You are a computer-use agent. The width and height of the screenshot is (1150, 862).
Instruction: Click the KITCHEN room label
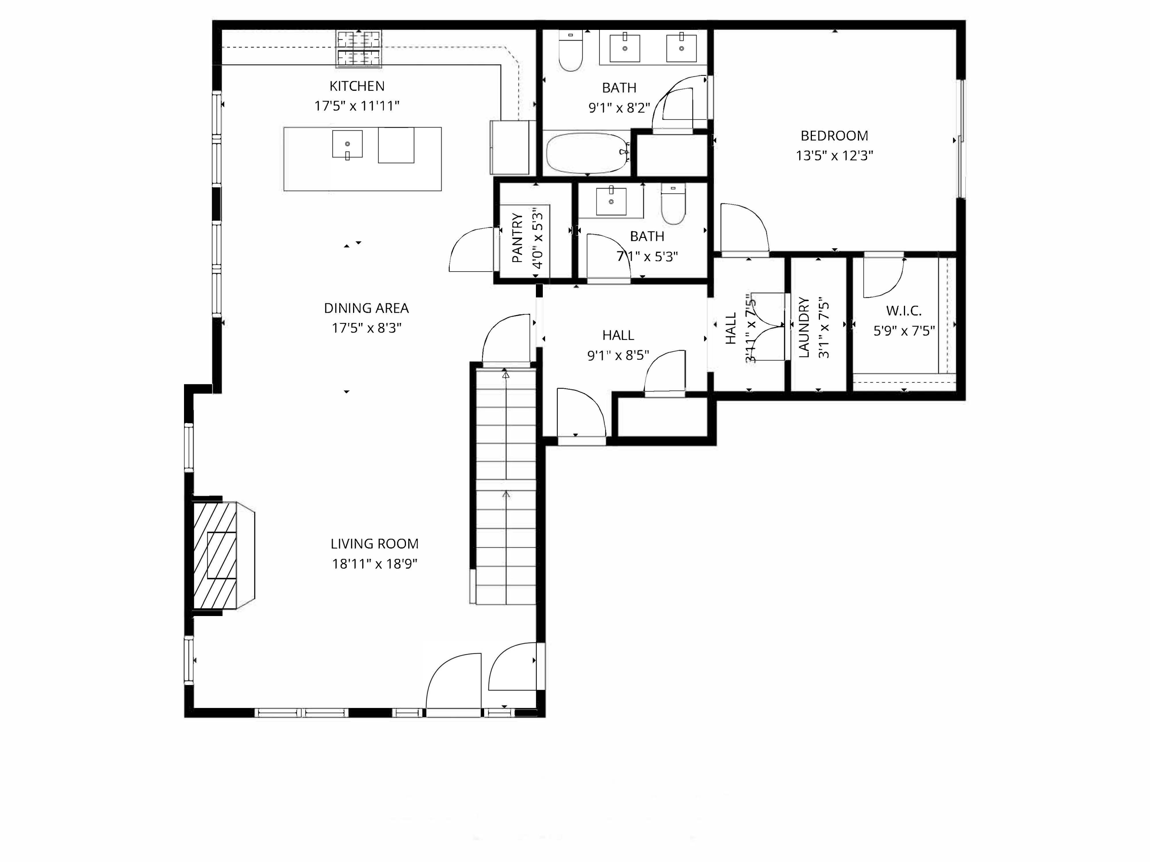[x=356, y=86]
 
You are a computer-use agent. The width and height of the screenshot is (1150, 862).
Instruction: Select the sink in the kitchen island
[x=347, y=144]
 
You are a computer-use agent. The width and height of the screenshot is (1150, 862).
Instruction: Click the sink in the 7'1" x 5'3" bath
[x=611, y=201]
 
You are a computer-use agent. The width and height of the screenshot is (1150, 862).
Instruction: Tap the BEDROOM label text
[x=834, y=136]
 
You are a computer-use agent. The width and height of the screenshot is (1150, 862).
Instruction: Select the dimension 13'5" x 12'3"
[x=834, y=156]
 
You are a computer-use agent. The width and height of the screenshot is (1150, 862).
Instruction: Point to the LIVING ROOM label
[x=374, y=544]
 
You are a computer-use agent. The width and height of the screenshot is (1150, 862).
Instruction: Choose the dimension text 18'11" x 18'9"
[x=374, y=564]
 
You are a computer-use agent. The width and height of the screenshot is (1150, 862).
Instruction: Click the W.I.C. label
[x=904, y=311]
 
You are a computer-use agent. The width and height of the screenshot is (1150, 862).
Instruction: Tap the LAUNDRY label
[x=804, y=327]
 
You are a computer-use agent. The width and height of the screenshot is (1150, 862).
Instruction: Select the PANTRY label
[x=517, y=238]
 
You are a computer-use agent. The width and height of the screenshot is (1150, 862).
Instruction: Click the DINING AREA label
[x=366, y=308]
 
